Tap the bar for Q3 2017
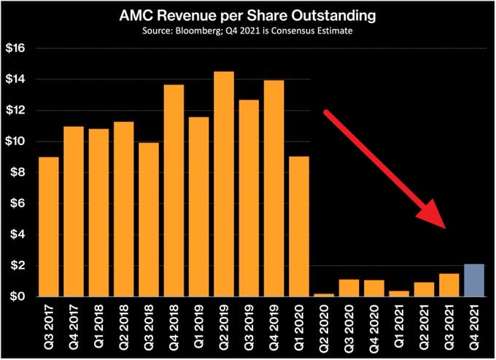(48, 227)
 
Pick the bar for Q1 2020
(299, 227)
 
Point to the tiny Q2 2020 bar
(324, 294)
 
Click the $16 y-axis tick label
(16, 48)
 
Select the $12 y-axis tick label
(16, 111)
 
